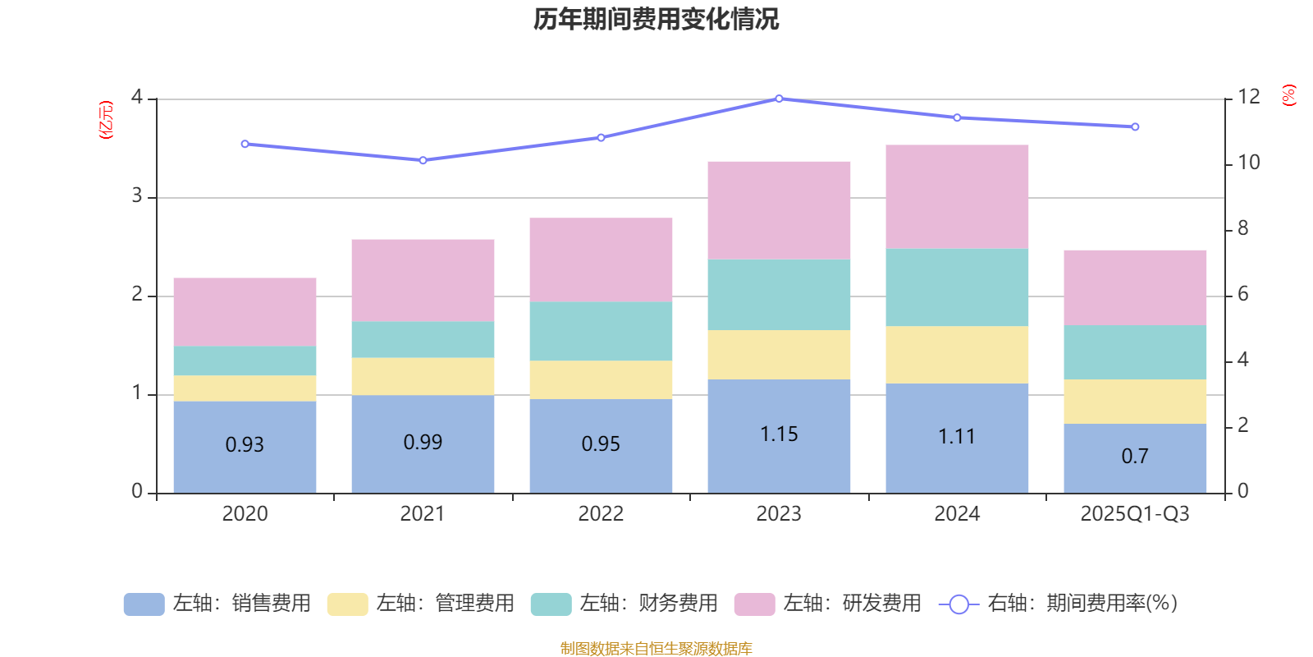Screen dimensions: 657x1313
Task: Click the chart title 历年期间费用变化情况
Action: (x=656, y=19)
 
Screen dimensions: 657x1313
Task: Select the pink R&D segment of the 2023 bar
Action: (x=779, y=210)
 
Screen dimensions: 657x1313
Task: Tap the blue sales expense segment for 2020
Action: (x=245, y=447)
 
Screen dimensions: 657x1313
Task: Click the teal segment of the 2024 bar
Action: (x=957, y=287)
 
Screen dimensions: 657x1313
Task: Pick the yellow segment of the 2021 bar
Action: (x=423, y=376)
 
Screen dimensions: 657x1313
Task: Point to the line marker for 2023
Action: (x=779, y=99)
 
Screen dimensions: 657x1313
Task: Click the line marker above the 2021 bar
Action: (x=423, y=160)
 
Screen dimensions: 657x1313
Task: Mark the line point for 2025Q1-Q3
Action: (x=1135, y=127)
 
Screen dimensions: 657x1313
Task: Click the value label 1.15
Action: (x=779, y=434)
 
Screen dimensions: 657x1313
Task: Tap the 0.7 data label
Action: (x=1135, y=456)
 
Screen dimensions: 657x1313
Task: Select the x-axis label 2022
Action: (x=601, y=514)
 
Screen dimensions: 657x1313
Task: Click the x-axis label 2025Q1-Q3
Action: (x=1135, y=514)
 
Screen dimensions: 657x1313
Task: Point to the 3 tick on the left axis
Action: (x=137, y=196)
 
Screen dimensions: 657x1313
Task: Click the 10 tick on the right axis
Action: (x=1248, y=163)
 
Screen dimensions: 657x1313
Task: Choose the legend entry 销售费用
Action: (x=217, y=604)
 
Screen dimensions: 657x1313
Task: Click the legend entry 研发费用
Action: (x=828, y=604)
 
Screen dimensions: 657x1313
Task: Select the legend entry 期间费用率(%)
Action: (x=1058, y=604)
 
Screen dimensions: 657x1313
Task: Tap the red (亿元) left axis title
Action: (x=106, y=120)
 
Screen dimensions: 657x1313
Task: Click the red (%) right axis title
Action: (x=1289, y=95)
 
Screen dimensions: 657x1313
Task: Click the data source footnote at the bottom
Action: (x=656, y=649)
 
